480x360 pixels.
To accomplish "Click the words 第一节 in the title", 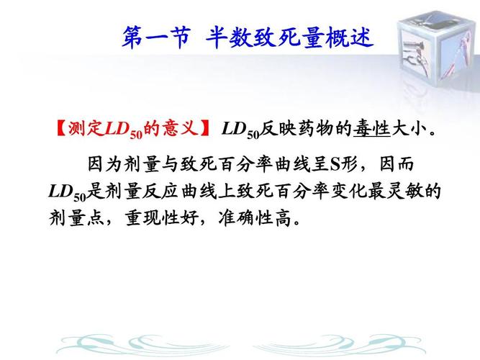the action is coord(156,37).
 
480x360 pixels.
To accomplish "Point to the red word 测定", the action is coord(86,128).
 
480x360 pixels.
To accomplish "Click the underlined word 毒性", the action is coord(372,129).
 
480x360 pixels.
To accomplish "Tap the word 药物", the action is coord(316,129).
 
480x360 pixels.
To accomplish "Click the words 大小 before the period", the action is coord(409,129).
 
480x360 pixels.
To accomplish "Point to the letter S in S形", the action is coord(335,165).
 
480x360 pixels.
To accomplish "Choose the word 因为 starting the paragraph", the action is coord(105,164).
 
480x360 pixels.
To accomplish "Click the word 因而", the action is coord(397,164).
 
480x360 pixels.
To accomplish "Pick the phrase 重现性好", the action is coord(162,218).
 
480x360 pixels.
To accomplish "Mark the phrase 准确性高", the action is coord(255,218).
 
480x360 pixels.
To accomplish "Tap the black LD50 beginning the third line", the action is coord(68,192).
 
